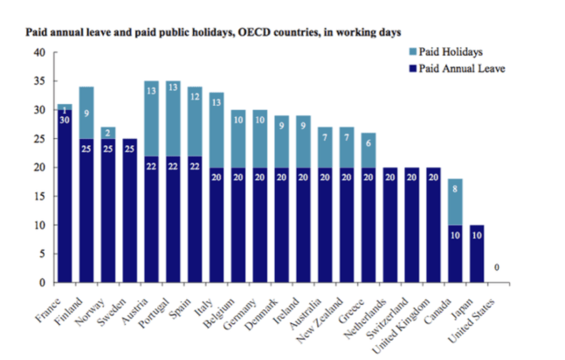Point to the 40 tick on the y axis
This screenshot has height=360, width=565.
click(38, 52)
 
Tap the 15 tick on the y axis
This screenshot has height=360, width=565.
click(38, 197)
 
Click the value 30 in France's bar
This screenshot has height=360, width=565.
click(64, 120)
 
